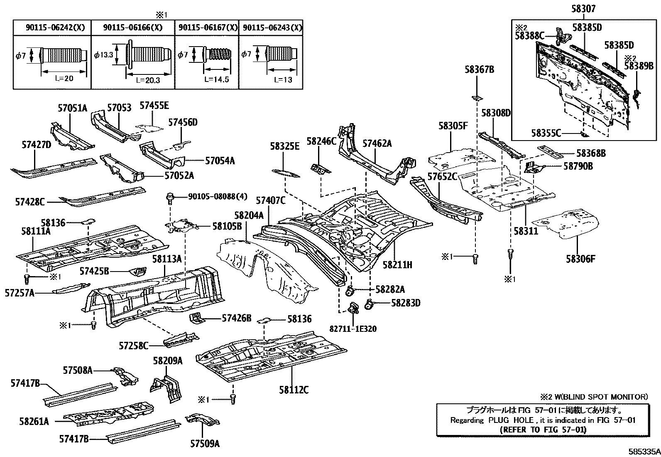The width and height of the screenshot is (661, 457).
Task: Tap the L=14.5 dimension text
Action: click(216, 79)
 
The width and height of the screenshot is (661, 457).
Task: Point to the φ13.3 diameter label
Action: click(103, 54)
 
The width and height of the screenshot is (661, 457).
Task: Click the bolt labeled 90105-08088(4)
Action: click(170, 197)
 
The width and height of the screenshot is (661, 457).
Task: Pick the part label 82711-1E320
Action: click(353, 329)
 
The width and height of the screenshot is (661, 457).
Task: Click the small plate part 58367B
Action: click(477, 98)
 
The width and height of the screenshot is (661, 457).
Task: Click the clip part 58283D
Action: click(369, 305)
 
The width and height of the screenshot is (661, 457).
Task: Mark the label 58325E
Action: click(284, 146)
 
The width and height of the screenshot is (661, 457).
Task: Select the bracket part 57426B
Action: click(196, 319)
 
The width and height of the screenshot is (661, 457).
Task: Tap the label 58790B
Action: click(578, 166)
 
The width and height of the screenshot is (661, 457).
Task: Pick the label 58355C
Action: click(546, 133)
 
